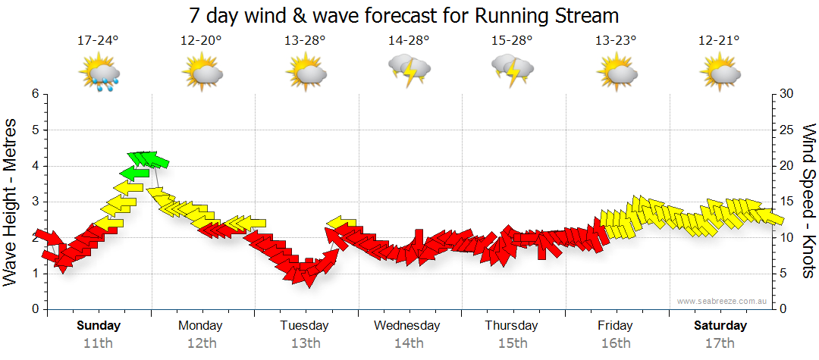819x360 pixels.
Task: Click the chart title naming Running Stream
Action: [403, 15]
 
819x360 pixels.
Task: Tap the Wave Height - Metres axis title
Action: [11, 201]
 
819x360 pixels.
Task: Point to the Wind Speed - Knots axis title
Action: [808, 201]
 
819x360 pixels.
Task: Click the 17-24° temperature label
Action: [99, 40]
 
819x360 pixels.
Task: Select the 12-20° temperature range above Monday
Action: [201, 40]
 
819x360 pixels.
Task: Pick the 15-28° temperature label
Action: [513, 40]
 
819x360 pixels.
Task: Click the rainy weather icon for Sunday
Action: [100, 74]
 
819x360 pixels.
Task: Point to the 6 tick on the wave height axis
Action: [34, 94]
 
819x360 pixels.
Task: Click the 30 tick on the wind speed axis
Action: [786, 94]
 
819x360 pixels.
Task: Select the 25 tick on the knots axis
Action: [786, 130]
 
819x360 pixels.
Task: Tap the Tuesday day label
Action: [304, 326]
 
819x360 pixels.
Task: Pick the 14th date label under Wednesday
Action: [409, 343]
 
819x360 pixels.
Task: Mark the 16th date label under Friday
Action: [616, 343]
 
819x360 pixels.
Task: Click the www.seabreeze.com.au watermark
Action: [723, 301]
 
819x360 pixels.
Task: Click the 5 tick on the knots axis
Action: [783, 274]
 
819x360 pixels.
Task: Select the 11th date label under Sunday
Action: [99, 343]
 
